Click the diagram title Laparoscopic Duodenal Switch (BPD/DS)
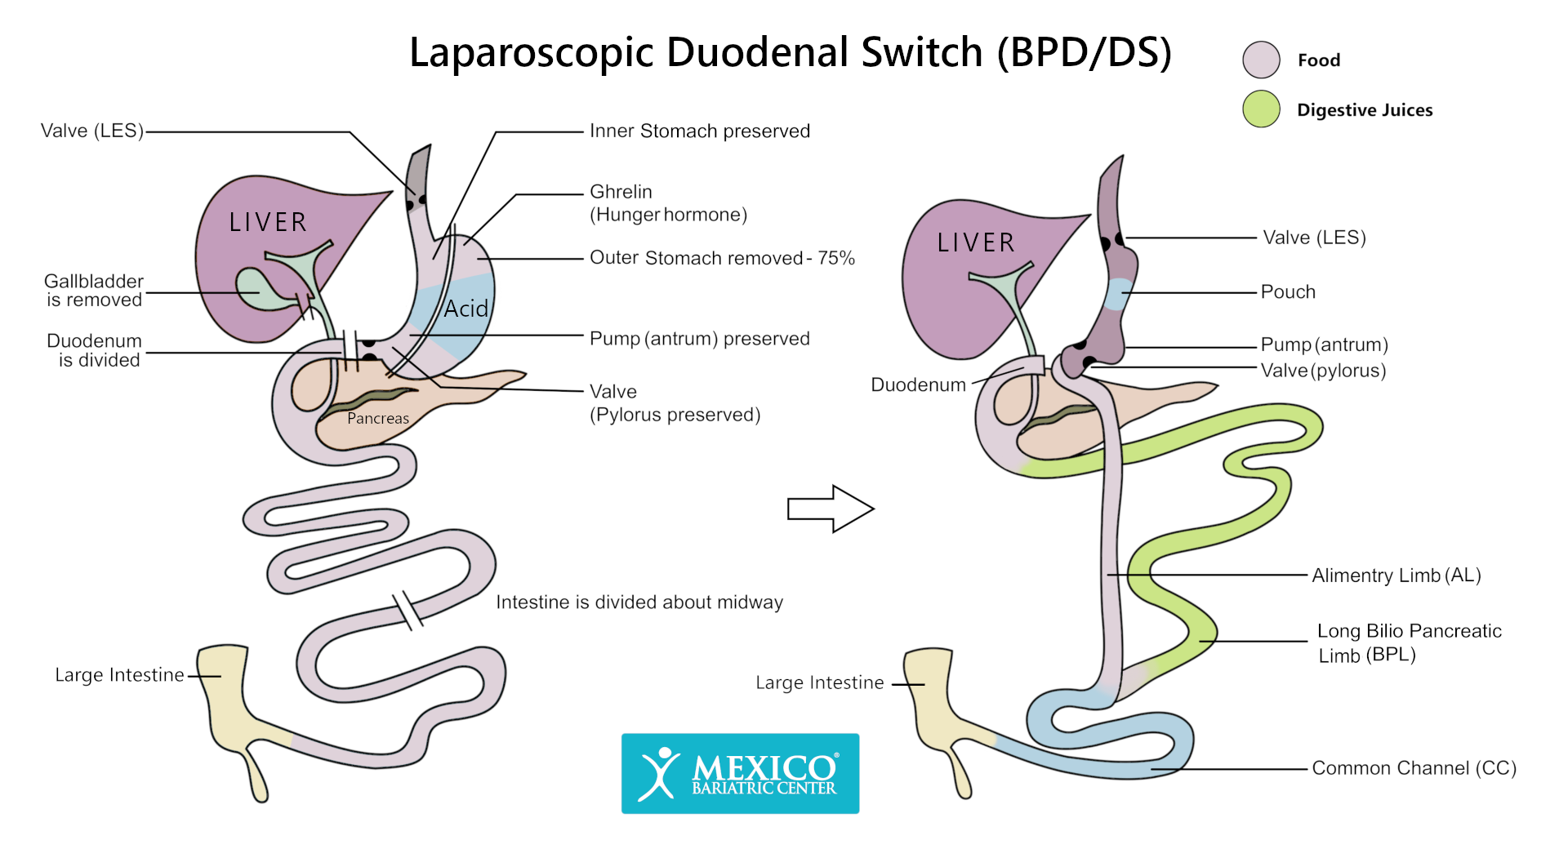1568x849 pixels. coord(790,52)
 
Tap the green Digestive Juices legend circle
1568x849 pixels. coord(1261,109)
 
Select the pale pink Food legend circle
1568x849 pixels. coord(1261,60)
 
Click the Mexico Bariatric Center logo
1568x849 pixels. coord(740,773)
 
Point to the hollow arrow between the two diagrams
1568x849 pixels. coord(830,509)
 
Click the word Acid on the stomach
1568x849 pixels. coord(465,309)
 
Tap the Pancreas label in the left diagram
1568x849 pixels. coord(377,419)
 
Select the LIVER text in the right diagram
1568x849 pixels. coord(976,242)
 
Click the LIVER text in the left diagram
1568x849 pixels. coord(268,222)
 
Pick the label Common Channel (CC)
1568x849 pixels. coord(1414,768)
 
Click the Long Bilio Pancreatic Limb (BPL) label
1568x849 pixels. coord(1408,642)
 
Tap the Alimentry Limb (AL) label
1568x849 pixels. coord(1396,576)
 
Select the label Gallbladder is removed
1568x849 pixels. coord(94,291)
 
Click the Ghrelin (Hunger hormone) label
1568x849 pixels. coord(667,203)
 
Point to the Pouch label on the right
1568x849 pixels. coord(1288,292)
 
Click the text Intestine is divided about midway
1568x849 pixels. coord(639,602)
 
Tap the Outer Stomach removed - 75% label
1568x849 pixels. coord(721,258)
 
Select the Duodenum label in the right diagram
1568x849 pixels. coord(918,384)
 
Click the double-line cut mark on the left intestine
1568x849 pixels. coord(408,611)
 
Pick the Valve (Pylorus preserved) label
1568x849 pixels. coord(674,403)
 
